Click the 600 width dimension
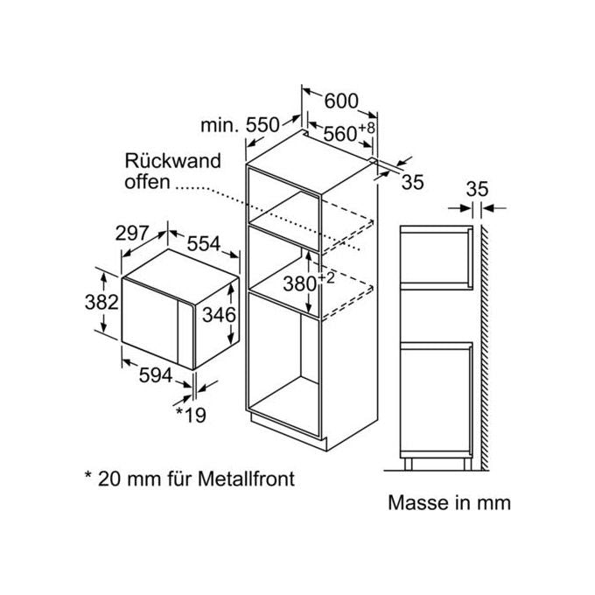[x=341, y=101]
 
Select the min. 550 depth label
[x=240, y=125]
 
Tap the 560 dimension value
[x=340, y=134]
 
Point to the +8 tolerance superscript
[x=367, y=128]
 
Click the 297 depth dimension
[x=131, y=233]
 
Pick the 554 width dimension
[x=204, y=243]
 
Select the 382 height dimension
[x=101, y=303]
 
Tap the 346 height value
[x=219, y=315]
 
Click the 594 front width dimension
[x=156, y=375]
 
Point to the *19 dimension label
[x=191, y=415]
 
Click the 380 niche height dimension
[x=300, y=283]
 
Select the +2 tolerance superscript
[x=326, y=278]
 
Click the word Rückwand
[x=172, y=161]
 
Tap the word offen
[x=147, y=182]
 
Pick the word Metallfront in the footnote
[x=246, y=479]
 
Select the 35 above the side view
[x=477, y=189]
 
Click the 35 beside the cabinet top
[x=412, y=182]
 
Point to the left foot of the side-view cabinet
[x=408, y=464]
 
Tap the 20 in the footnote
[x=108, y=479]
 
